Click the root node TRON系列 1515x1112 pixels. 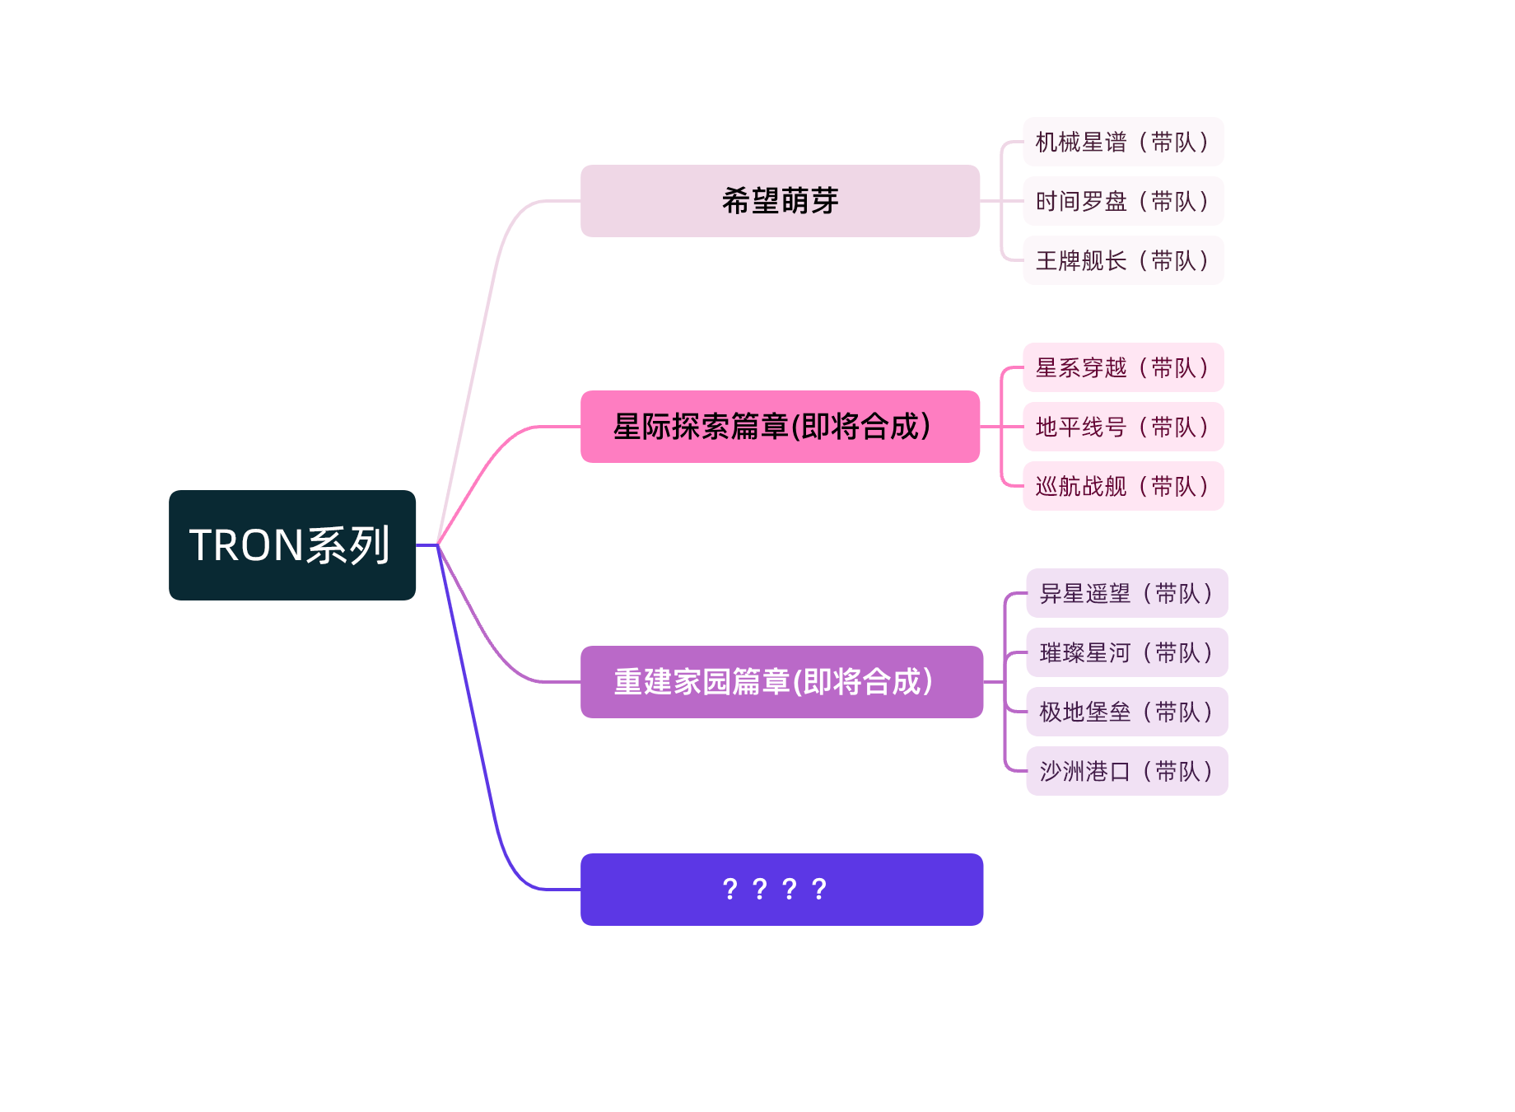click(x=291, y=545)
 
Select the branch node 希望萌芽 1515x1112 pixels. click(x=780, y=201)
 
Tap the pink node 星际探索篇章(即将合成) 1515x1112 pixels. click(x=780, y=427)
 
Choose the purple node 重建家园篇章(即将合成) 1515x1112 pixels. click(x=781, y=682)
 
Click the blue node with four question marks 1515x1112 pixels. click(x=781, y=890)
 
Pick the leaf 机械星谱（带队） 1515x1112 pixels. click(x=1123, y=142)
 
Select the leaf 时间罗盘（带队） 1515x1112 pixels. click(x=1123, y=201)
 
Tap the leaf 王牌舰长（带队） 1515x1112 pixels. click(x=1123, y=260)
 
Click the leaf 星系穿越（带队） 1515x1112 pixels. click(x=1123, y=367)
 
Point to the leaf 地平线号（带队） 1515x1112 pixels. click(x=1123, y=427)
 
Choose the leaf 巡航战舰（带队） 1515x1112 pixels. click(x=1123, y=486)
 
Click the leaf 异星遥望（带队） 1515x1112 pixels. click(x=1126, y=593)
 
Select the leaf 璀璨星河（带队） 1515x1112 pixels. click(x=1126, y=652)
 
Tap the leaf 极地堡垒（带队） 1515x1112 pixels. click(x=1126, y=712)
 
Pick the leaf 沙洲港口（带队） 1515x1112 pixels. click(x=1126, y=771)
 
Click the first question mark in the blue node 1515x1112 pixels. click(x=730, y=890)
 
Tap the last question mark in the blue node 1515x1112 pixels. click(x=818, y=890)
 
